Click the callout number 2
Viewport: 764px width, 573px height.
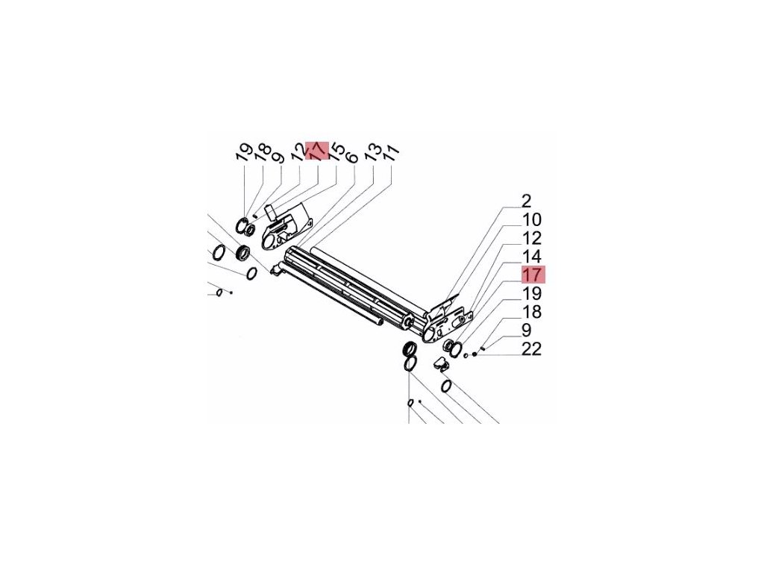click(x=526, y=201)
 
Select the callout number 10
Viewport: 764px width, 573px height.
click(x=532, y=220)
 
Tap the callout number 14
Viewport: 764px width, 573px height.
click(x=532, y=257)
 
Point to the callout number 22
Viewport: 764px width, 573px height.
click(x=532, y=348)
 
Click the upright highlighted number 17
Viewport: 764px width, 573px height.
click(x=533, y=274)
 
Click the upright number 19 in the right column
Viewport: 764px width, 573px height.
click(x=532, y=293)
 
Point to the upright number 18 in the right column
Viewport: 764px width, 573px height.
click(x=532, y=312)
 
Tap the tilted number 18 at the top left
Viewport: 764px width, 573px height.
click(x=260, y=154)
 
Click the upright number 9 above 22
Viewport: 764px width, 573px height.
click(x=526, y=330)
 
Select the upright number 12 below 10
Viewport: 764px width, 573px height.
click(x=532, y=239)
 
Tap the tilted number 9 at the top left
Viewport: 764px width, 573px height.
click(x=278, y=157)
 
